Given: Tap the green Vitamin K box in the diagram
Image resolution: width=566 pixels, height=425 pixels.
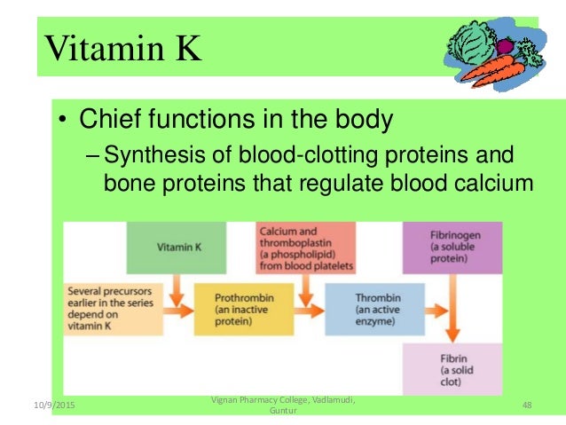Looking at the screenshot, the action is click(x=177, y=248).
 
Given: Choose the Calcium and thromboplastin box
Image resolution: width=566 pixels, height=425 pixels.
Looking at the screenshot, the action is click(x=305, y=248).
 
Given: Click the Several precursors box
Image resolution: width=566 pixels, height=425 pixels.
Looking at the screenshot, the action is click(x=113, y=309).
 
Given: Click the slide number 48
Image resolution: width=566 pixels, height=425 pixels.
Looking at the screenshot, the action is click(x=527, y=405).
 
